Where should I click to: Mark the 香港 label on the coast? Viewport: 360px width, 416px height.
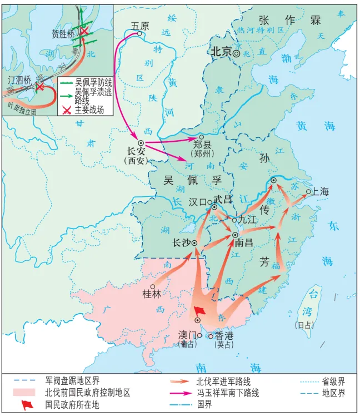coord(224,335)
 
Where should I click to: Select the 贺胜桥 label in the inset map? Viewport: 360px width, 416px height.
coord(62,34)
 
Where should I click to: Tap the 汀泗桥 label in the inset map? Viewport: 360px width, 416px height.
coord(19,80)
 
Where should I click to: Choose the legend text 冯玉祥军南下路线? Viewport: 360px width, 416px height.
coord(227,393)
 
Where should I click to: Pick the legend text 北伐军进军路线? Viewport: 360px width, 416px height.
coord(223,382)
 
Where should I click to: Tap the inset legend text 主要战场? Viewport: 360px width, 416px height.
coord(89,109)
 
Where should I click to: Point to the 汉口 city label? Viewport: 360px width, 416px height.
coord(197,202)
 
